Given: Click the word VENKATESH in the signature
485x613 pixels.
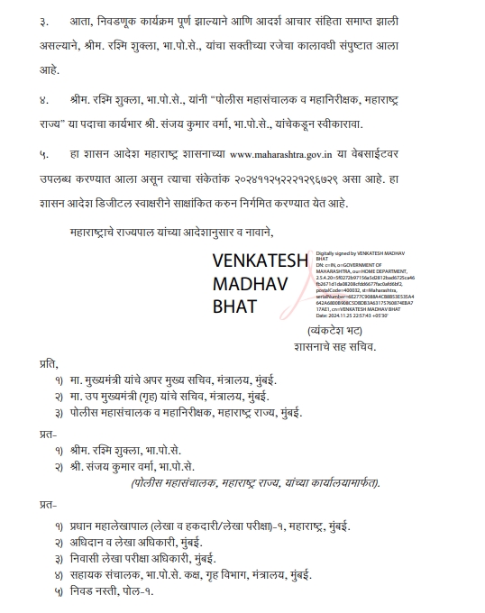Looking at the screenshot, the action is [x=259, y=261].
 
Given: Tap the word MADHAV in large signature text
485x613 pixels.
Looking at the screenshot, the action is [x=242, y=284].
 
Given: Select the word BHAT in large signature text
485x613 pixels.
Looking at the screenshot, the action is [x=233, y=306].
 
